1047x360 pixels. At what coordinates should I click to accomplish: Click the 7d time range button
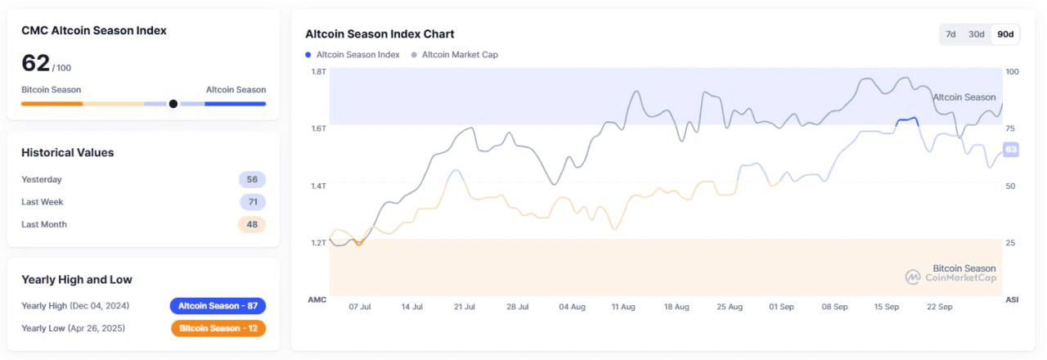pyautogui.click(x=950, y=34)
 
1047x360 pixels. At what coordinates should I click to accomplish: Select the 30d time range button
pyautogui.click(x=976, y=34)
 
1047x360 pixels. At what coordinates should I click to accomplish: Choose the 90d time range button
pyautogui.click(x=1005, y=34)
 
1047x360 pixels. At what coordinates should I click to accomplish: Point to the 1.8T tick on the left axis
pyautogui.click(x=318, y=72)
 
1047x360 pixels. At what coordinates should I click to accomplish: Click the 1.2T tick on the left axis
pyautogui.click(x=318, y=243)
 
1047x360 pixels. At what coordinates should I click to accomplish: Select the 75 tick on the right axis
pyautogui.click(x=1011, y=129)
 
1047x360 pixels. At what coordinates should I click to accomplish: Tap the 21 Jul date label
pyautogui.click(x=464, y=307)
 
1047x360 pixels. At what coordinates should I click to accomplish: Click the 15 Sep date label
pyautogui.click(x=887, y=307)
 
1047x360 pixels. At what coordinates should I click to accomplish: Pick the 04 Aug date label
pyautogui.click(x=572, y=307)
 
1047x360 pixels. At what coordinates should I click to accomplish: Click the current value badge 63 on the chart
pyautogui.click(x=1010, y=150)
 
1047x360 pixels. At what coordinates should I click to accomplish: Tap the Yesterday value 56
pyautogui.click(x=252, y=180)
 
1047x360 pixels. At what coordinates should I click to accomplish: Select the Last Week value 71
pyautogui.click(x=252, y=202)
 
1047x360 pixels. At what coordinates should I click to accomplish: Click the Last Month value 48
pyautogui.click(x=252, y=224)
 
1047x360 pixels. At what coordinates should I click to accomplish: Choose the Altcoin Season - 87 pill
pyautogui.click(x=218, y=306)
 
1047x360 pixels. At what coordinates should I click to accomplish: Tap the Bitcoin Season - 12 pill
pyautogui.click(x=218, y=328)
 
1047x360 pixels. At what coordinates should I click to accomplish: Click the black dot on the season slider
pyautogui.click(x=173, y=104)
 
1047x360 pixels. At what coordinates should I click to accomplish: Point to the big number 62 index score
pyautogui.click(x=35, y=63)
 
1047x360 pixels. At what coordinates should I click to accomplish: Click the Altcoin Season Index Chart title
pyautogui.click(x=380, y=34)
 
